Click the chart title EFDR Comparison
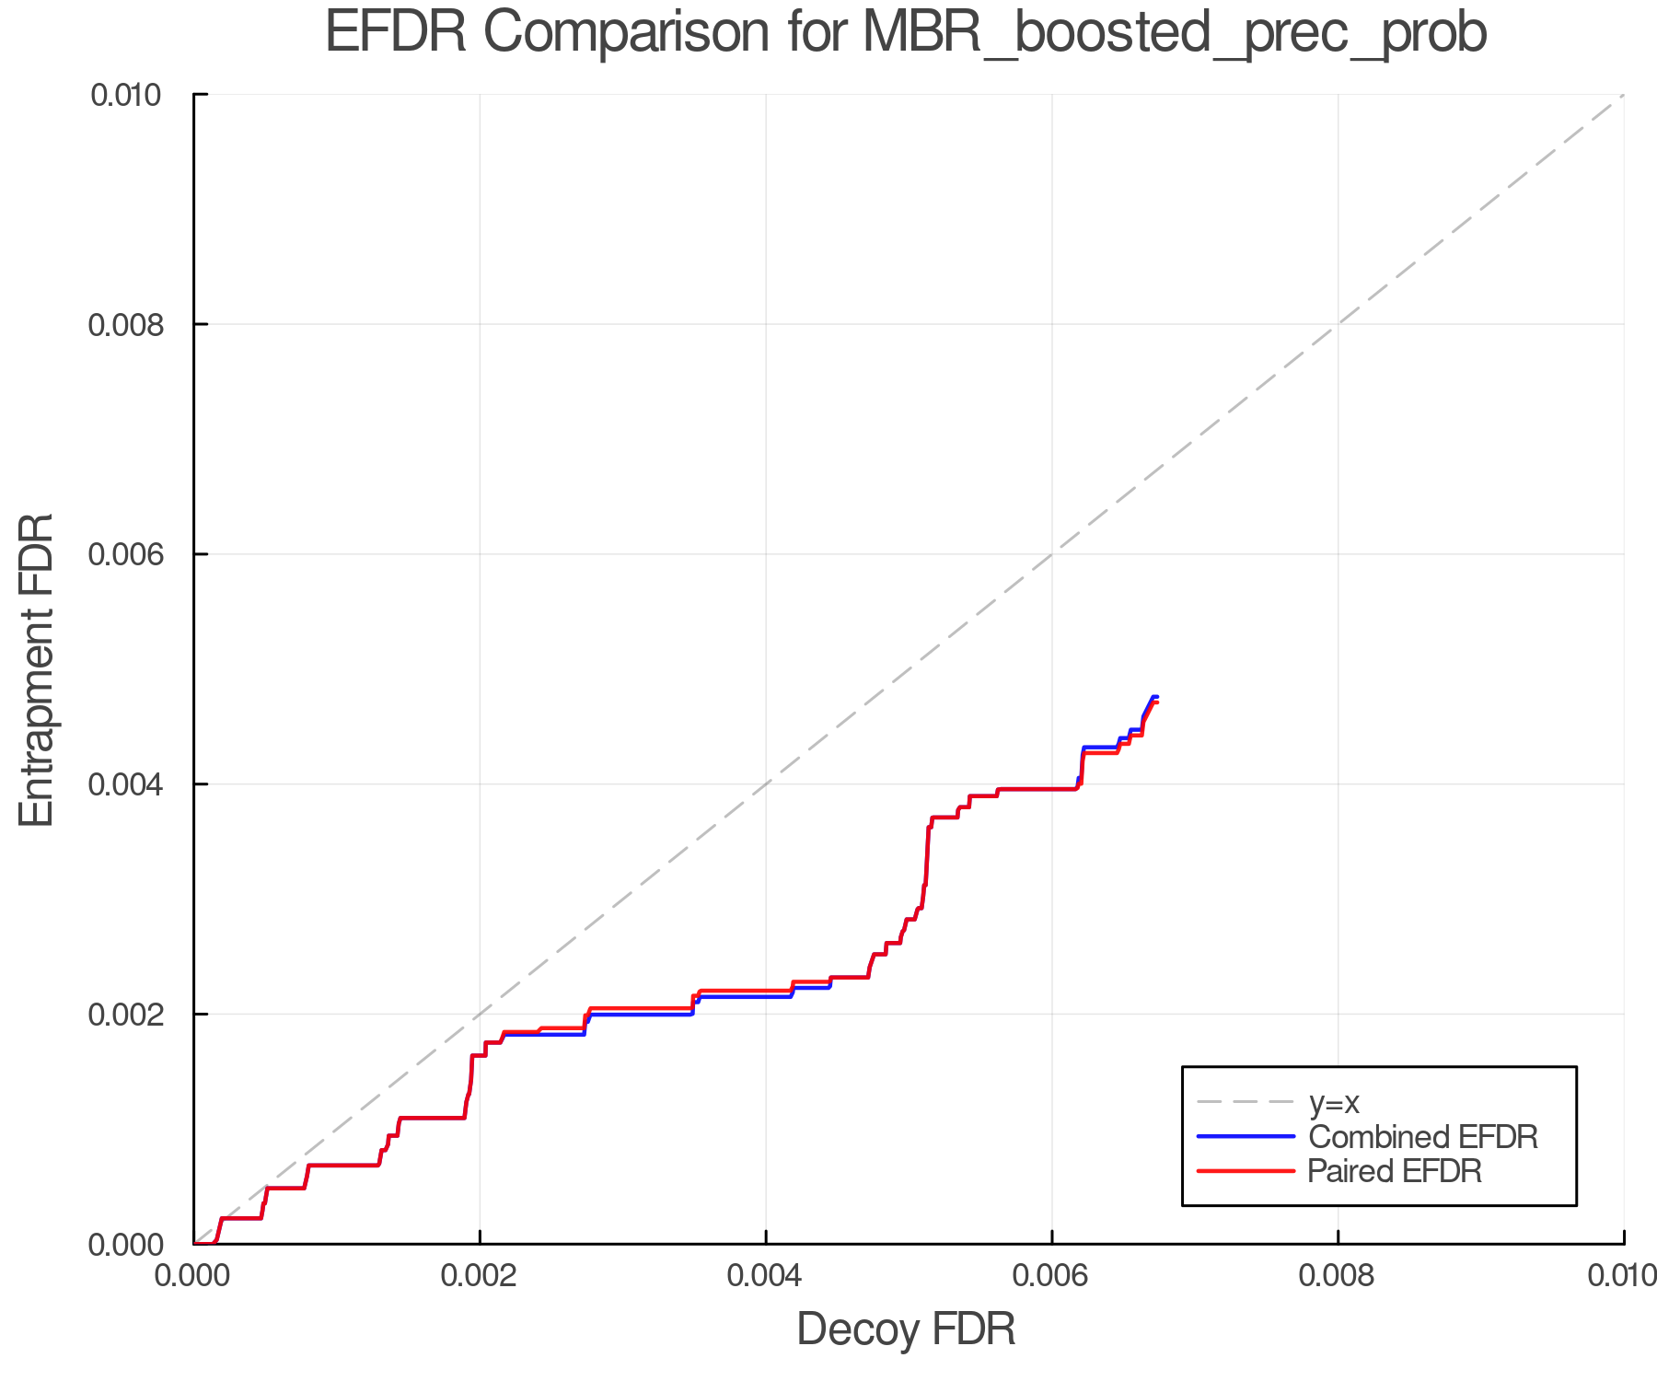coord(906,33)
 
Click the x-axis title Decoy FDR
coord(906,1329)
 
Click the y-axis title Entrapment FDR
coord(37,669)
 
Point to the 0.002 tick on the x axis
coord(480,1276)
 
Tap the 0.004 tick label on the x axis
coord(766,1276)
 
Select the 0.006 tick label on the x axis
coord(1051,1276)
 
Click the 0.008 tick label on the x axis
coord(1338,1276)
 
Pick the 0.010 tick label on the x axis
coord(1622,1276)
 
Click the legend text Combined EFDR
coord(1423,1137)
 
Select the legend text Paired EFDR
coord(1395,1171)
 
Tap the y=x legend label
coord(1334,1103)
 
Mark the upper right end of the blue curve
coord(1156,697)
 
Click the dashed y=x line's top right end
coord(1622,96)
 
